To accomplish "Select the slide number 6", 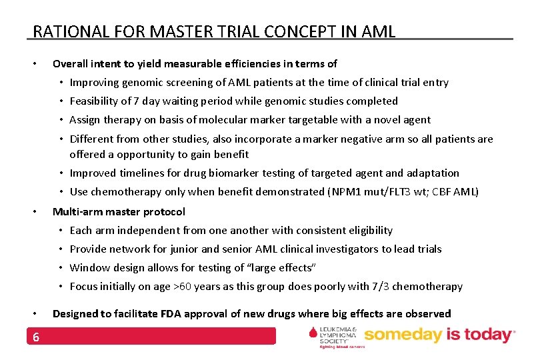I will [x=36, y=337].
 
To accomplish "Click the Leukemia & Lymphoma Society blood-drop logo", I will [x=314, y=335].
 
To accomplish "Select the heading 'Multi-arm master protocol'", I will [x=119, y=211].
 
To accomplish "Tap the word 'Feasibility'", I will [x=93, y=101].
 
